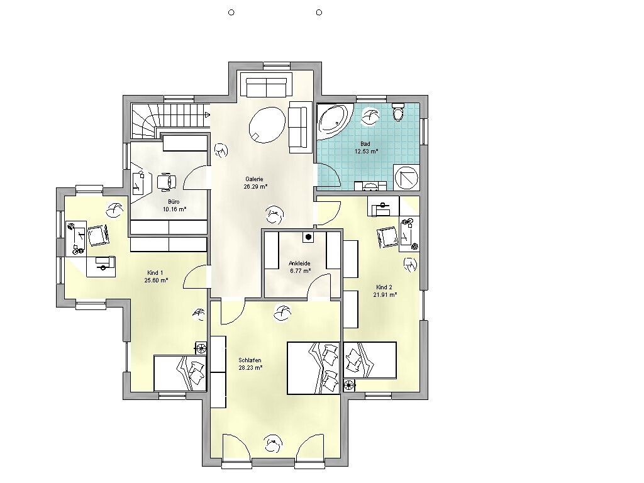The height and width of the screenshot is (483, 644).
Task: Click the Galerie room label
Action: click(x=254, y=179)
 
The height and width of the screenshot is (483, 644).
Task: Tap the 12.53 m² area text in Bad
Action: click(x=367, y=151)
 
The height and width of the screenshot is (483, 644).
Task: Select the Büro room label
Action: click(x=174, y=202)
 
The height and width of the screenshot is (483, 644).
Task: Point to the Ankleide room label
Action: click(x=299, y=264)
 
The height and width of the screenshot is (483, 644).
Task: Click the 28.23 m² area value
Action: click(x=250, y=367)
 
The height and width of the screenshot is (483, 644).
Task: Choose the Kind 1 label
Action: click(x=155, y=273)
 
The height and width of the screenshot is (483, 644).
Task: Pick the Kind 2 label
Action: click(x=384, y=287)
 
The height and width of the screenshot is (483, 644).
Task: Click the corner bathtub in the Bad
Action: click(x=333, y=120)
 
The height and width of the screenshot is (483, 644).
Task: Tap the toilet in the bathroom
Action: click(x=398, y=111)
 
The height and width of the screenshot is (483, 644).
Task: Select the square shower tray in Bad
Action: click(x=406, y=177)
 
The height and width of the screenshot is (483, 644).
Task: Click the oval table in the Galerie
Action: click(x=267, y=125)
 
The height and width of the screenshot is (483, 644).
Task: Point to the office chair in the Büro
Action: click(x=167, y=182)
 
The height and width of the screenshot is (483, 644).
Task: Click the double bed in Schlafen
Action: click(x=313, y=368)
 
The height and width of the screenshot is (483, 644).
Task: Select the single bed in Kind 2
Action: click(x=370, y=360)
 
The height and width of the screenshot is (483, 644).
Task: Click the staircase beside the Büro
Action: click(x=170, y=119)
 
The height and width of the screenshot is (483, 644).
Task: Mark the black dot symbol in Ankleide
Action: click(x=308, y=237)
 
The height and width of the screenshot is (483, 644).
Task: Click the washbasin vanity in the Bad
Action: click(x=370, y=186)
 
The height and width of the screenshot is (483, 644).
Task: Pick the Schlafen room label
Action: click(x=250, y=360)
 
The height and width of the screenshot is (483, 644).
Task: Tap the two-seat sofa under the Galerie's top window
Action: click(x=266, y=85)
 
